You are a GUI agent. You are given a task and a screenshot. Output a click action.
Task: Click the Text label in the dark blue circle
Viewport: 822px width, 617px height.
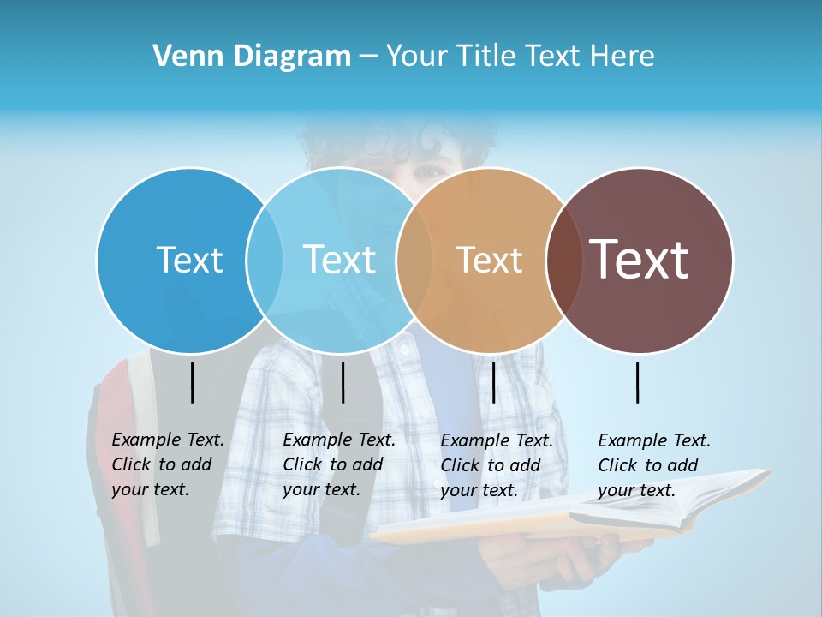coord(189,260)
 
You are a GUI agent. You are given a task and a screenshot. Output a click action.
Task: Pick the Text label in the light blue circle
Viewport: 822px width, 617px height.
coord(339,260)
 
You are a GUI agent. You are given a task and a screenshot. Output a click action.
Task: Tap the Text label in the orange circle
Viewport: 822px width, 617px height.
coord(489,260)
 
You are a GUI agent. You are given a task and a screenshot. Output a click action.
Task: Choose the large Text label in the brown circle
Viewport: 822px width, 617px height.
coord(639,259)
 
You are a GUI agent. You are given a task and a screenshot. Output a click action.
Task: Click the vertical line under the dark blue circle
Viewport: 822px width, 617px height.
coord(193,382)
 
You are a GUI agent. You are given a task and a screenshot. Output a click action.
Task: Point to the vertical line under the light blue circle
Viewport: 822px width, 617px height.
coord(342,382)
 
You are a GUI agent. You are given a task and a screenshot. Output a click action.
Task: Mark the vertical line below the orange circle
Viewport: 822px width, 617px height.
coord(493,382)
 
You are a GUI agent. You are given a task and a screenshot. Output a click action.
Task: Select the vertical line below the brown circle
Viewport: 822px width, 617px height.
coord(638,382)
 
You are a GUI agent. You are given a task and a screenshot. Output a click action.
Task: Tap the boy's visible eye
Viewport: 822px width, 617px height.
coord(428,171)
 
